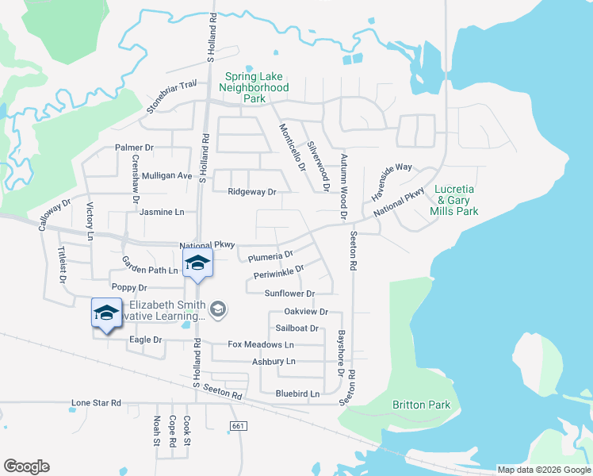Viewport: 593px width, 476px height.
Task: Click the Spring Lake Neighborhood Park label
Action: (x=254, y=87)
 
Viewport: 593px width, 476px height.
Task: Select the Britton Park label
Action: (x=421, y=405)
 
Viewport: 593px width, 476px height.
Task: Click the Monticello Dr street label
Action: (x=291, y=148)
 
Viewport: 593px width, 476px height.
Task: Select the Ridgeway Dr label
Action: (x=251, y=192)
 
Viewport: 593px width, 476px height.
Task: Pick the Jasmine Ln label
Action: (x=162, y=213)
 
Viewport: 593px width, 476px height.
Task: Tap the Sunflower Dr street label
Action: (x=289, y=294)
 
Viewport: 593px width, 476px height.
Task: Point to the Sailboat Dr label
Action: (x=297, y=328)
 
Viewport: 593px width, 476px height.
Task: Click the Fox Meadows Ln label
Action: (x=261, y=345)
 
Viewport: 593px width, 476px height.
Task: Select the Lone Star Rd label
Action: (x=96, y=403)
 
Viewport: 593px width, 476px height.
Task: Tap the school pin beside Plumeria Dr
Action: (x=197, y=265)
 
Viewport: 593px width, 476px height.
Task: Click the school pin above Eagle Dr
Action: (x=106, y=313)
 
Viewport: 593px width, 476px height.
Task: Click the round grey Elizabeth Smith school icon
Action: (x=219, y=310)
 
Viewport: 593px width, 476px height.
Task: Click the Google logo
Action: (x=26, y=466)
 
